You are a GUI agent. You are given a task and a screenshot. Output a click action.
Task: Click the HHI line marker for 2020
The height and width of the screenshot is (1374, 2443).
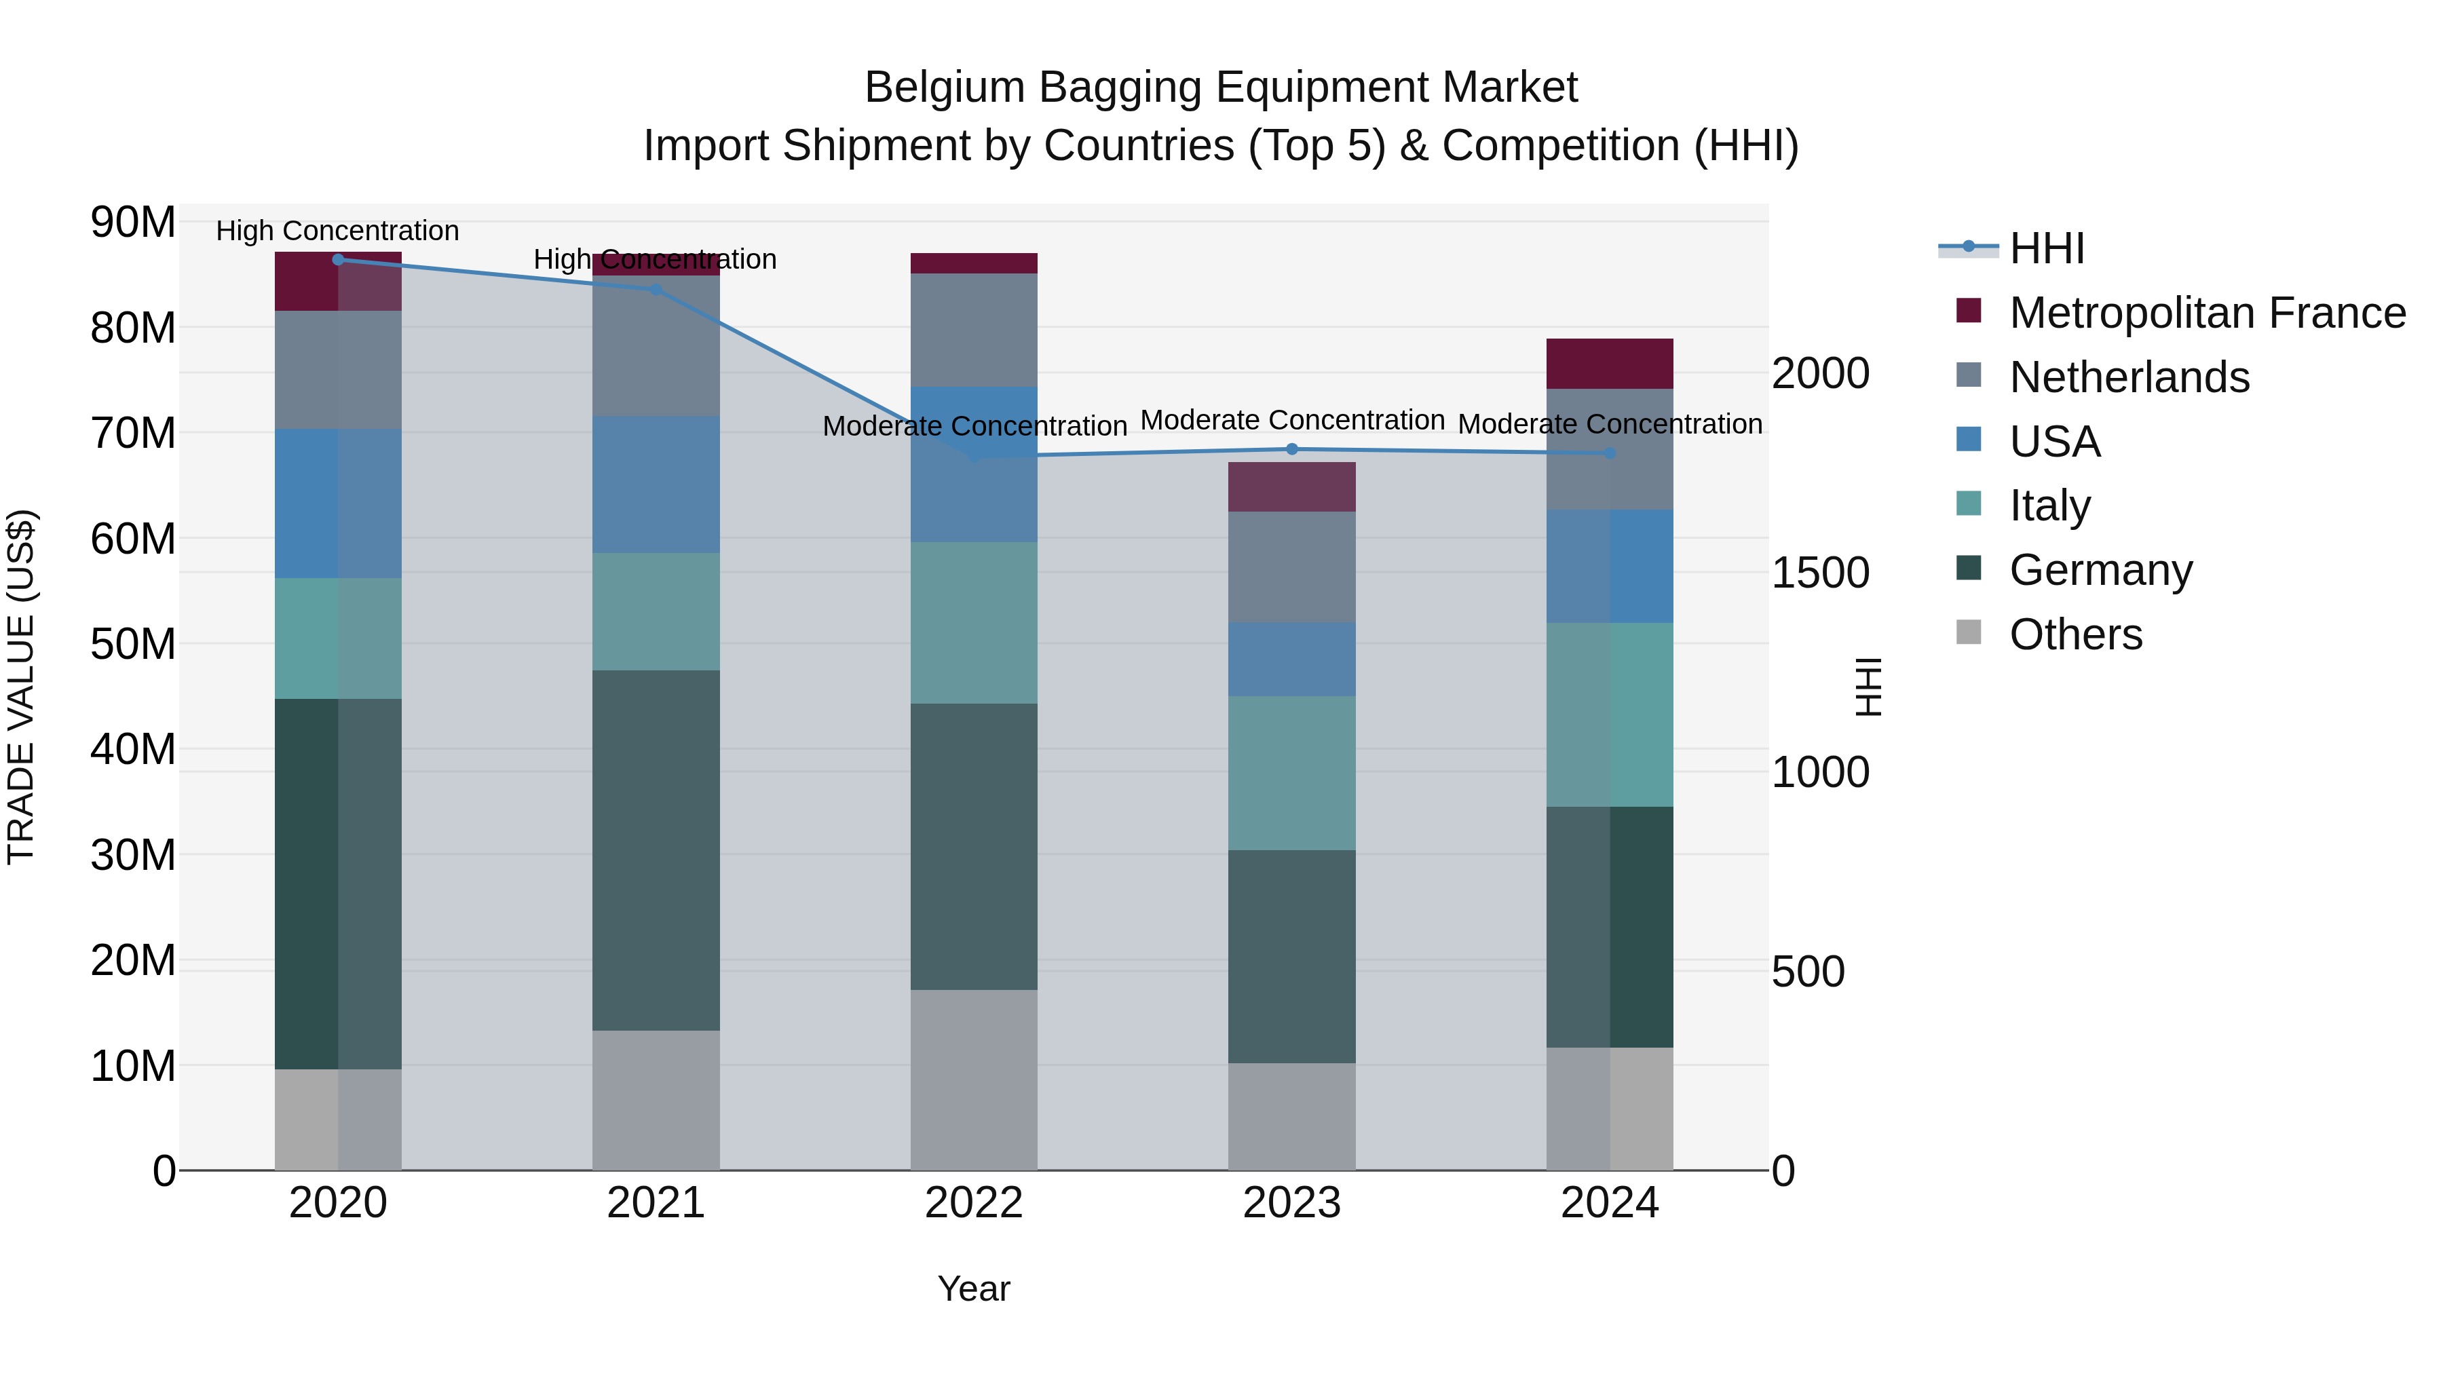(x=338, y=259)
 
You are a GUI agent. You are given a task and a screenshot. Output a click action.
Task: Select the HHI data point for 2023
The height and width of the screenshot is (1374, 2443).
(x=1291, y=449)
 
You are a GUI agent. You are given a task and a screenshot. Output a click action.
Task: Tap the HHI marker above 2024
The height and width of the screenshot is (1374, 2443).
(x=1610, y=453)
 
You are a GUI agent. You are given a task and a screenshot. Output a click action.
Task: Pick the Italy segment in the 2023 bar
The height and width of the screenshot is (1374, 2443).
(x=1291, y=773)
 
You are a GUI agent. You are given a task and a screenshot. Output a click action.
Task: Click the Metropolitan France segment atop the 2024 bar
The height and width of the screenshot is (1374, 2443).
(x=1610, y=363)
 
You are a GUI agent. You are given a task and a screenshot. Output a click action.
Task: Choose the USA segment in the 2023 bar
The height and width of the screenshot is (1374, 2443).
(x=1291, y=659)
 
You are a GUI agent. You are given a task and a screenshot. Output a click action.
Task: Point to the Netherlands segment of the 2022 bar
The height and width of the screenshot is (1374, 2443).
(x=974, y=329)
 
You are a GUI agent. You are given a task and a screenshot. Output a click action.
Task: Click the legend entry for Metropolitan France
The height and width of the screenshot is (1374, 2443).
(x=2206, y=313)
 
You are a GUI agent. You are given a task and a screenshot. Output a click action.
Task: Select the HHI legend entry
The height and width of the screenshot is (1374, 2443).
(x=2047, y=248)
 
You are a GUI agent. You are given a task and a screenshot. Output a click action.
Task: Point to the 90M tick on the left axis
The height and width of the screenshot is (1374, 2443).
(x=133, y=223)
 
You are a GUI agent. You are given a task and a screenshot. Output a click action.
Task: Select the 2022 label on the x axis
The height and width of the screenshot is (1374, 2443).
(x=974, y=1203)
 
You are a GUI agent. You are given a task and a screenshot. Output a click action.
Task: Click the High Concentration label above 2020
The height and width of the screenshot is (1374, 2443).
(x=338, y=231)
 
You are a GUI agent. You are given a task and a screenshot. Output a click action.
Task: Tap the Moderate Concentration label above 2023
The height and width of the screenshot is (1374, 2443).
(x=1291, y=420)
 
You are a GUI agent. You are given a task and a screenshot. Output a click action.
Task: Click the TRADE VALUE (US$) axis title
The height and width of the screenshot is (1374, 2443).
(x=21, y=687)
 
